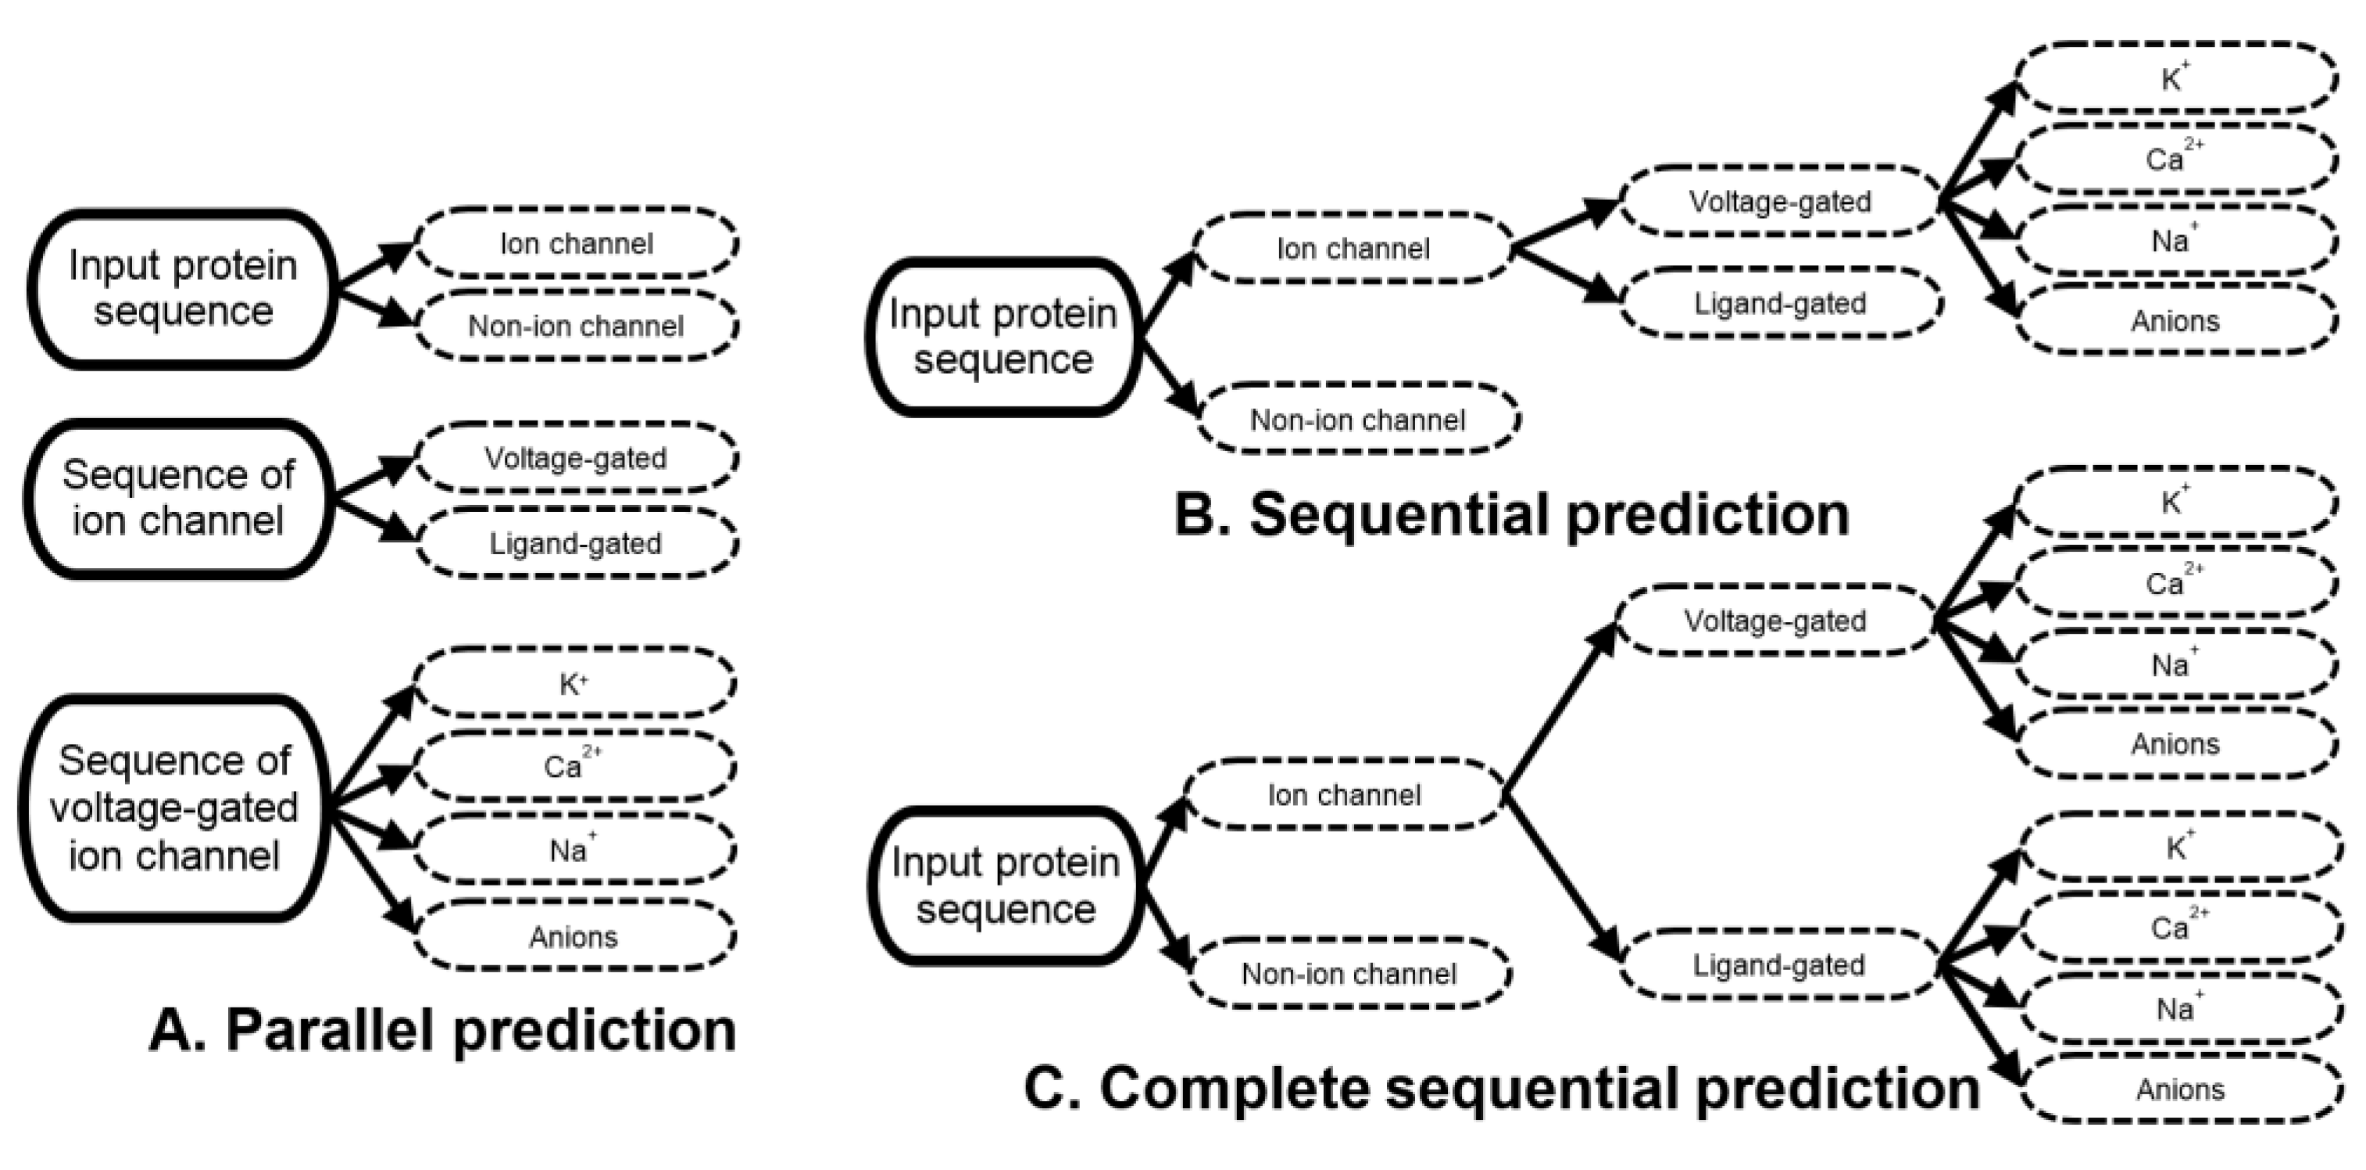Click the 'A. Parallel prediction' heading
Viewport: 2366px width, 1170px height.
point(443,1030)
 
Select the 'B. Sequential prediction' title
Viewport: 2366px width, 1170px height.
point(1512,514)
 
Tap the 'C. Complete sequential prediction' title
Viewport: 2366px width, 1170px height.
point(1502,1089)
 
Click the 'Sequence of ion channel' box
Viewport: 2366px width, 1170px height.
point(178,499)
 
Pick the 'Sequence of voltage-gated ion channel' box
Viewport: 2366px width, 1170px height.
point(174,808)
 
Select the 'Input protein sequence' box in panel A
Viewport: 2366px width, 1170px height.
point(183,289)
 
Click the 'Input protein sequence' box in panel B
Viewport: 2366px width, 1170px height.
point(1003,337)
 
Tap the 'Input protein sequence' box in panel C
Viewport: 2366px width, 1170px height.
point(1006,886)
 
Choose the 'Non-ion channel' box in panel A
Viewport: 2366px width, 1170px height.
point(576,326)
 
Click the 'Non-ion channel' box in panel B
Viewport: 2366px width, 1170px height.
point(1357,420)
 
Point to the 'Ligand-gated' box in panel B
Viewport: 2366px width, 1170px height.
point(1780,303)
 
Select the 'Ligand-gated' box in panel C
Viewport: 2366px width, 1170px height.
point(1778,965)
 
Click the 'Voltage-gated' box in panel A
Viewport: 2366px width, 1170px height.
point(576,457)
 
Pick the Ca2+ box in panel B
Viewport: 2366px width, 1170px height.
point(2175,159)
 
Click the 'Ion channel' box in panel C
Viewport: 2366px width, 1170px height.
point(1344,794)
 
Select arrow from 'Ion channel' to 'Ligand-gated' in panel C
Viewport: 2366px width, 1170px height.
point(1561,878)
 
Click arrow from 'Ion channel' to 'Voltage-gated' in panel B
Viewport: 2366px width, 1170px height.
point(1565,225)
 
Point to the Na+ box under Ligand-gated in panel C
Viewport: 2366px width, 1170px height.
point(2178,1009)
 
